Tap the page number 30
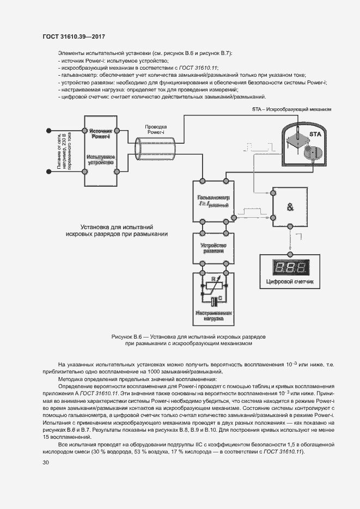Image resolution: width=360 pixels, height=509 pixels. pos(45,462)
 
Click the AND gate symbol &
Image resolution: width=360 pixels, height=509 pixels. pos(290,207)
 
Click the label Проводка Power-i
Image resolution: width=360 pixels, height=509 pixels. pos(156,129)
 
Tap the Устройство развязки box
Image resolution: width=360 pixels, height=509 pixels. pos(212,249)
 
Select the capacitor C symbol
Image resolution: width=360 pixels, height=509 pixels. pos(212,299)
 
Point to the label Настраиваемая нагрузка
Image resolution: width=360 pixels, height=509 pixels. pos(213,317)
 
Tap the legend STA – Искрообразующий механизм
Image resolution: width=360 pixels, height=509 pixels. pos(291,109)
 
